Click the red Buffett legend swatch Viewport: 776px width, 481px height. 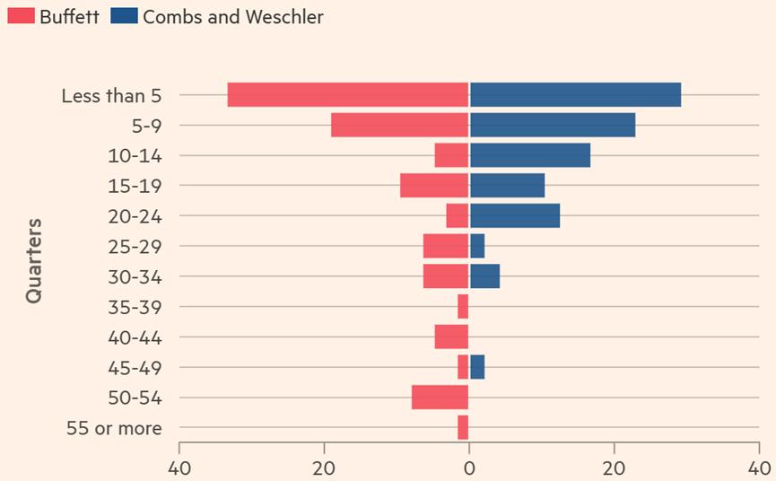click(21, 16)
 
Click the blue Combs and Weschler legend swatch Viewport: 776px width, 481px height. click(125, 16)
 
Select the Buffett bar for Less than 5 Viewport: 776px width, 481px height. click(348, 94)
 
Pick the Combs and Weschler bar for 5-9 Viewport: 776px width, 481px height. click(552, 125)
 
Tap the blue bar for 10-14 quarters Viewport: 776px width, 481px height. click(529, 155)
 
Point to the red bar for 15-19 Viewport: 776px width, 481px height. click(434, 186)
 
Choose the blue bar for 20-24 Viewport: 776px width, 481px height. click(514, 215)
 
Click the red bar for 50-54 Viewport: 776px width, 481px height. click(440, 398)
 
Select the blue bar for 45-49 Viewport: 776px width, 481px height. click(476, 367)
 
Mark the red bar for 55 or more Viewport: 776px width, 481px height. click(463, 427)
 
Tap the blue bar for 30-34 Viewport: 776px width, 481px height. click(484, 276)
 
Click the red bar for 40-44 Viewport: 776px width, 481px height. click(451, 337)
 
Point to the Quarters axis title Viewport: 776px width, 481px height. click(34, 260)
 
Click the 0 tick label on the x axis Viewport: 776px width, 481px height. click(468, 468)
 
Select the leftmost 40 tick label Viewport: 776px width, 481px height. click(179, 468)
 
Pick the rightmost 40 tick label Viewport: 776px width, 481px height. click(759, 468)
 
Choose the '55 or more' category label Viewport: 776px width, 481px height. click(114, 428)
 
